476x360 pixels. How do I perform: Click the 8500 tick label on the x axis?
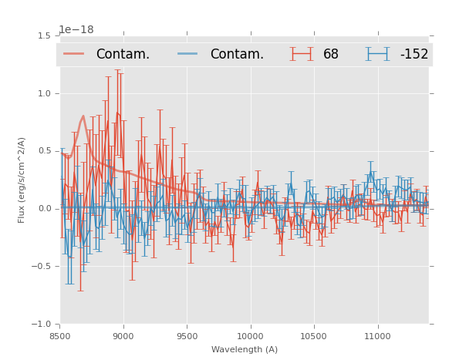pyautogui.click(x=60, y=337)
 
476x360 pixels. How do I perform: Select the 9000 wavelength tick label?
pyautogui.click(x=123, y=337)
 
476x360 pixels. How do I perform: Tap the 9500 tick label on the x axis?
pyautogui.click(x=187, y=337)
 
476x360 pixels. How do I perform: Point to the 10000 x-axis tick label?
pyautogui.click(x=250, y=337)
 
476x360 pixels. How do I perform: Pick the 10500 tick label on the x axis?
pyautogui.click(x=313, y=337)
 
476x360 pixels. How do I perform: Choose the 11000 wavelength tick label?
pyautogui.click(x=377, y=337)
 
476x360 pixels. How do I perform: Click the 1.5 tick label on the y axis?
pyautogui.click(x=44, y=35)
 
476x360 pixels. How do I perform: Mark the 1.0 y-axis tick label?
pyautogui.click(x=44, y=93)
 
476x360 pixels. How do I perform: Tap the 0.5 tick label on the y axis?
pyautogui.click(x=44, y=151)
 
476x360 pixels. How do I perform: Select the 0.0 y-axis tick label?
pyautogui.click(x=44, y=209)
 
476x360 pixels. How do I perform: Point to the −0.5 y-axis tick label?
pyautogui.click(x=42, y=267)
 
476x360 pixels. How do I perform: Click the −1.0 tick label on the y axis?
pyautogui.click(x=42, y=325)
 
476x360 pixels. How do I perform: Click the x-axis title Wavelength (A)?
pyautogui.click(x=245, y=349)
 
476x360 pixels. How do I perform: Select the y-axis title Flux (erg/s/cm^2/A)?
pyautogui.click(x=22, y=180)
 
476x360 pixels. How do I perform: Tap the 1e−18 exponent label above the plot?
pyautogui.click(x=76, y=30)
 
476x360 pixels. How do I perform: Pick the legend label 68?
pyautogui.click(x=331, y=55)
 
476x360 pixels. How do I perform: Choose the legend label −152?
pyautogui.click(x=414, y=55)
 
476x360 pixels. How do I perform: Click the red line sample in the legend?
pyautogui.click(x=74, y=54)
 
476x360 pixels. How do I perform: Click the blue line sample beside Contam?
pyautogui.click(x=188, y=54)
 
